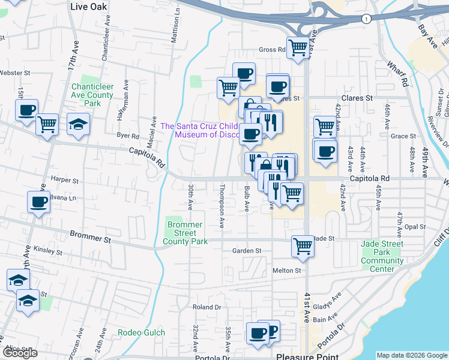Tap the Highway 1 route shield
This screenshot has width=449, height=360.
[x=365, y=19]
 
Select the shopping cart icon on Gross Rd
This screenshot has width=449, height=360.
[x=298, y=47]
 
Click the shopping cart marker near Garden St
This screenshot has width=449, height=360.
[x=303, y=246]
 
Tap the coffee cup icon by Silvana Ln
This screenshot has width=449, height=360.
[x=39, y=203]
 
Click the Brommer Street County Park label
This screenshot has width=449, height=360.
[x=185, y=233]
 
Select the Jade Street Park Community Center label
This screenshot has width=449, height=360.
[x=382, y=256]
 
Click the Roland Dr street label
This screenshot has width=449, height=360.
[x=207, y=307]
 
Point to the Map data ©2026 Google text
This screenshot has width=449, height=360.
[x=412, y=355]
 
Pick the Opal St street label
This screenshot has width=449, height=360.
[x=415, y=227]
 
